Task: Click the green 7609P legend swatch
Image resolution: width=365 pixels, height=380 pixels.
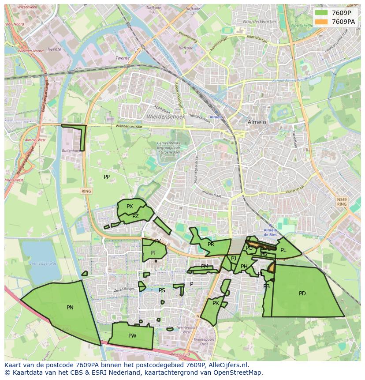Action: click(x=322, y=13)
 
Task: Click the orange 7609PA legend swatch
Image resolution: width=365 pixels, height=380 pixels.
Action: click(x=322, y=22)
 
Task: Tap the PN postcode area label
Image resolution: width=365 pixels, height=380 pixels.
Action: click(x=70, y=308)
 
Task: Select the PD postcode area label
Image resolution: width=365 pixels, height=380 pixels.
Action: click(x=302, y=293)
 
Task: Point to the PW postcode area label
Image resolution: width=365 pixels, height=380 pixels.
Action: click(x=132, y=336)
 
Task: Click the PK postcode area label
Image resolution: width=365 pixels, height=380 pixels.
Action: click(x=216, y=303)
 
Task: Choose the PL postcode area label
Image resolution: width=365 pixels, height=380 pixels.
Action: click(x=283, y=250)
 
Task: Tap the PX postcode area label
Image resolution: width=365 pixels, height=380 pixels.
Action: click(x=130, y=207)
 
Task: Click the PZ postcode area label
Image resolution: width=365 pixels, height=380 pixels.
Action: click(x=135, y=216)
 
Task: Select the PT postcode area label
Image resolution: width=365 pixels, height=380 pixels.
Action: click(x=153, y=253)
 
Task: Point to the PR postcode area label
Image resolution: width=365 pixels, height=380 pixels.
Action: click(x=211, y=245)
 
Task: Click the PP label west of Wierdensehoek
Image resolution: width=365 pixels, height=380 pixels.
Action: click(x=106, y=177)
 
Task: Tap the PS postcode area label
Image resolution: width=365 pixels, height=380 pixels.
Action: click(x=162, y=290)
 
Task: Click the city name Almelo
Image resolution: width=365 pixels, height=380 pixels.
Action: click(x=257, y=122)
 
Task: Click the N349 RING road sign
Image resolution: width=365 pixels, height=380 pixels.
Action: click(x=342, y=202)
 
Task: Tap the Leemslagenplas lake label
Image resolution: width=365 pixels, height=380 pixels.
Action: click(x=43, y=263)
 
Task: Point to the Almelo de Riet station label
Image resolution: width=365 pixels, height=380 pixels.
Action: click(x=270, y=233)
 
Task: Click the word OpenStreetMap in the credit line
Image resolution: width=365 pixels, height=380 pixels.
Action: click(x=238, y=372)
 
